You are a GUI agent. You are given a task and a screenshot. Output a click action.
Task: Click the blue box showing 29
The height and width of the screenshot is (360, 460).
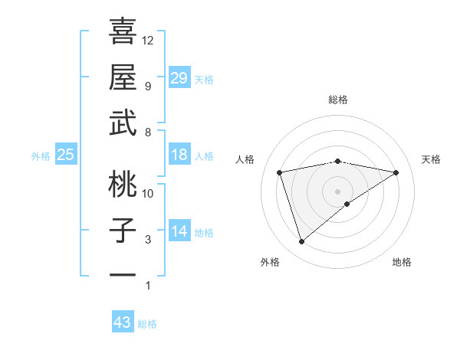(179, 78)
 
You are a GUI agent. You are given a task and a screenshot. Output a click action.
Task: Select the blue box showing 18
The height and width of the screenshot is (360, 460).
(179, 155)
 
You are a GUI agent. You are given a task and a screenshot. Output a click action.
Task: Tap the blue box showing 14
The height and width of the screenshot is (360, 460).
(179, 231)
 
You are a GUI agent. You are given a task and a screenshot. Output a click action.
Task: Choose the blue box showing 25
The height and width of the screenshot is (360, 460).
(65, 155)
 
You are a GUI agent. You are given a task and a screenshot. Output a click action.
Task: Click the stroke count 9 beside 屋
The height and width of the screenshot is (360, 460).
(147, 86)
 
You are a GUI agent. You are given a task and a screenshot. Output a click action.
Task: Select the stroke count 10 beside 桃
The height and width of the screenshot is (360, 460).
(148, 193)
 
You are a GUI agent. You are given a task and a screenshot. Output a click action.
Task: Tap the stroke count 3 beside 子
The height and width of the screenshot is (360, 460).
(147, 240)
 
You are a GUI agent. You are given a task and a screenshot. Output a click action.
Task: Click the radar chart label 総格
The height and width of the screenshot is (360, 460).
(338, 100)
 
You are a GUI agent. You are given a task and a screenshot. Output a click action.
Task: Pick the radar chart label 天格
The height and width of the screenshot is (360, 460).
(431, 159)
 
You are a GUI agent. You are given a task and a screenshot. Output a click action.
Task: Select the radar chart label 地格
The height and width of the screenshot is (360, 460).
(402, 262)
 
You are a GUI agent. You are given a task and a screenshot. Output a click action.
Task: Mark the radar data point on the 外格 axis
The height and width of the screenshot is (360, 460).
(301, 241)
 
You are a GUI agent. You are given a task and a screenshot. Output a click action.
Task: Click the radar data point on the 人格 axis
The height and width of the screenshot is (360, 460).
(281, 172)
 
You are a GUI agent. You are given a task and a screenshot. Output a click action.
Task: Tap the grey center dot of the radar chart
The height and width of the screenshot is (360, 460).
(338, 190)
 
